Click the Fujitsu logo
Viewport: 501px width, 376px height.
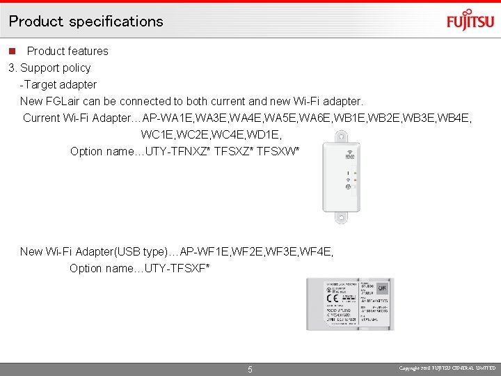(x=470, y=20)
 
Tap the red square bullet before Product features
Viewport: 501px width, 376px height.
(x=12, y=51)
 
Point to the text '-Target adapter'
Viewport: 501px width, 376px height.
(x=58, y=84)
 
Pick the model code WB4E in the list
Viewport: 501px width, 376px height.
(x=456, y=118)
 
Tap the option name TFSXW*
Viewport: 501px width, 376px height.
(x=278, y=151)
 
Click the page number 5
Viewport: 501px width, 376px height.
(x=250, y=369)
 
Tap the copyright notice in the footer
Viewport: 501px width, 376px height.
(x=447, y=368)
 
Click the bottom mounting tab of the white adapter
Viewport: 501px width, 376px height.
(x=341, y=217)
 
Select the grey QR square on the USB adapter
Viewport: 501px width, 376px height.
(x=382, y=287)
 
